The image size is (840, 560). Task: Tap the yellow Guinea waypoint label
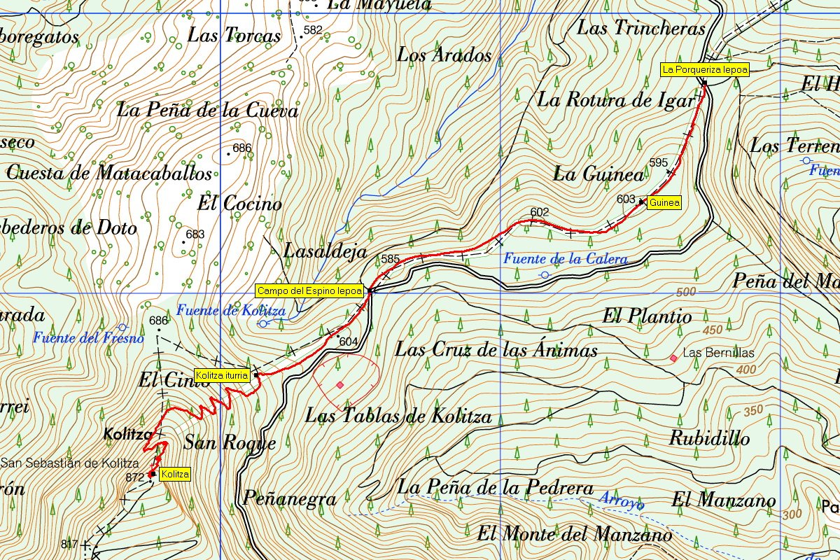pyautogui.click(x=664, y=203)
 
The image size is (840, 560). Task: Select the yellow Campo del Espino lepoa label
pyautogui.click(x=309, y=290)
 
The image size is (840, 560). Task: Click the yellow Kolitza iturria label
pyautogui.click(x=222, y=376)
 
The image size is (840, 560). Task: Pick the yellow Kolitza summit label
pyautogui.click(x=174, y=475)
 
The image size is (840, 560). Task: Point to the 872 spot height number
pyautogui.click(x=135, y=477)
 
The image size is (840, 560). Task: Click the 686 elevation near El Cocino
pyautogui.click(x=241, y=148)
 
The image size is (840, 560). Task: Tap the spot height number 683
pyautogui.click(x=195, y=234)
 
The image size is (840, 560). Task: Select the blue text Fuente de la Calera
pyautogui.click(x=565, y=259)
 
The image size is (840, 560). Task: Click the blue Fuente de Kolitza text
pyautogui.click(x=231, y=310)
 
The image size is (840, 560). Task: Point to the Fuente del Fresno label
pyautogui.click(x=88, y=338)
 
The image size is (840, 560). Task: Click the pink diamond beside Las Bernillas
pyautogui.click(x=673, y=358)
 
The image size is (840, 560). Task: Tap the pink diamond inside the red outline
pyautogui.click(x=339, y=385)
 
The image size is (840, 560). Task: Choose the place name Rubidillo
pyautogui.click(x=709, y=438)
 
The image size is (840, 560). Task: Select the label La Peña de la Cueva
pyautogui.click(x=207, y=110)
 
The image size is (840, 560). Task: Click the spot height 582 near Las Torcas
pyautogui.click(x=313, y=30)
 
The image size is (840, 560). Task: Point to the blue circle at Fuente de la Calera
pyautogui.click(x=545, y=275)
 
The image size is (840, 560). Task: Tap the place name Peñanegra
pyautogui.click(x=289, y=498)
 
